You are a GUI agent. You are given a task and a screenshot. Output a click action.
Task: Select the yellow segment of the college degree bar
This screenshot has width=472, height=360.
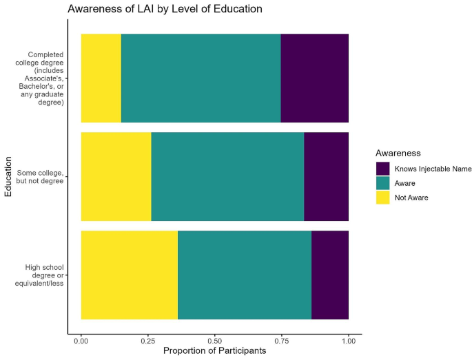click(101, 78)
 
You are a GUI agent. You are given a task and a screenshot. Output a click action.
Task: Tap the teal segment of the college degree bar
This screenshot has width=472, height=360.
click(201, 78)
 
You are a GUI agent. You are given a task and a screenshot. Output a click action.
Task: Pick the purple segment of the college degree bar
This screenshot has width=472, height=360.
click(314, 78)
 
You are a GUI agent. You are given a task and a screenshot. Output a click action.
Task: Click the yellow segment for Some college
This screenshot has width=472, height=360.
click(116, 176)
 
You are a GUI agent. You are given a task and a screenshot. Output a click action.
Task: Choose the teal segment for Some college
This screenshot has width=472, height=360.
click(227, 176)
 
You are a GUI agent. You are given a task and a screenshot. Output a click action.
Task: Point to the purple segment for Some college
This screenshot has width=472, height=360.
click(326, 176)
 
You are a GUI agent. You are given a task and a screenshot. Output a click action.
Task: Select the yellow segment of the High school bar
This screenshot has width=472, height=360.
click(129, 275)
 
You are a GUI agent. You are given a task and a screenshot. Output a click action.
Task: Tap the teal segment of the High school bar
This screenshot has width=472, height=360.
click(245, 275)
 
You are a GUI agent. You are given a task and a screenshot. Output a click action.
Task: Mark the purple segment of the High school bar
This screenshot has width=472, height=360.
click(330, 275)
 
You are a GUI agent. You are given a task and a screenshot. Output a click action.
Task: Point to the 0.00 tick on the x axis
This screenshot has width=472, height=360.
click(81, 340)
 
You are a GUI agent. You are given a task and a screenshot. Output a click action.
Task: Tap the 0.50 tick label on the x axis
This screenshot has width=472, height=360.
click(215, 340)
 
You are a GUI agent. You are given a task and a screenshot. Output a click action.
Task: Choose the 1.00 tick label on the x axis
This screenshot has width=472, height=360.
click(348, 340)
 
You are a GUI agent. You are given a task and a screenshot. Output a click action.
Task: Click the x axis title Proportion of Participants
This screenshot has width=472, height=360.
click(215, 352)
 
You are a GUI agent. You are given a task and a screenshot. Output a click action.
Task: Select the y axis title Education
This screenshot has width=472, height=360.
click(8, 176)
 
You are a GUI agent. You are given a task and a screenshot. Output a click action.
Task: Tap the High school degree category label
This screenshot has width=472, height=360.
click(45, 275)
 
